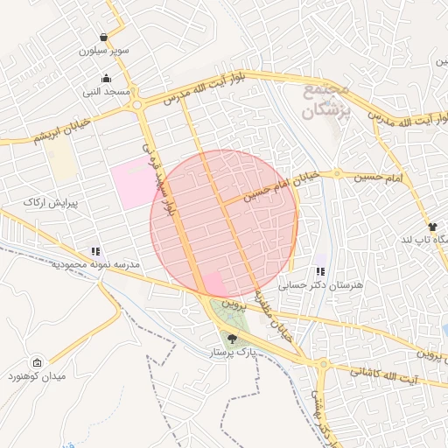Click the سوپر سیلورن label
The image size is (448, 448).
[104, 51]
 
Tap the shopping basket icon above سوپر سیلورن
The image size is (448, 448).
[104, 38]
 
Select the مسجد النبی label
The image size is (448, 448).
[107, 91]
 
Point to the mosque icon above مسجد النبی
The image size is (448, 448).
[108, 78]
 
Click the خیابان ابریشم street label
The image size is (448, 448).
[38, 136]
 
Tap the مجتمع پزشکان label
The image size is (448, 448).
[325, 102]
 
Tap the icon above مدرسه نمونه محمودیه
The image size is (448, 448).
[95, 250]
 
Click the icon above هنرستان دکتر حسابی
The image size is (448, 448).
[320, 272]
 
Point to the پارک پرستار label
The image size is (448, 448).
[231, 352]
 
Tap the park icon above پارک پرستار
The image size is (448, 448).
[232, 339]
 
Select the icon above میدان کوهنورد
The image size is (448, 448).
[37, 362]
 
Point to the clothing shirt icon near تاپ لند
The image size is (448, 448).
[432, 227]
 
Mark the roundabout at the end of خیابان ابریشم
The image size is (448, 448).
[136, 106]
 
